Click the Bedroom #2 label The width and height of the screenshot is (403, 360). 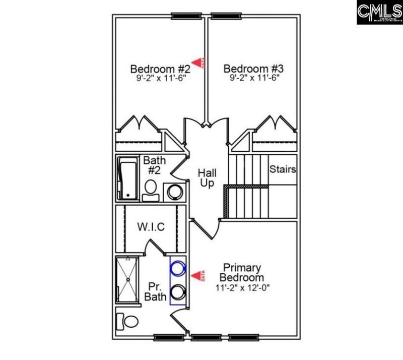coord(160,69)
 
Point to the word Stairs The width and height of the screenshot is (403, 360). coord(282,169)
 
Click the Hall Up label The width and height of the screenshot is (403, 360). coord(207,178)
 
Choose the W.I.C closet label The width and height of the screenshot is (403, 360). coord(151,227)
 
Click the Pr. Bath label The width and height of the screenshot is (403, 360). coord(155,291)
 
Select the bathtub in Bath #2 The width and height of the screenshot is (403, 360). coord(127,179)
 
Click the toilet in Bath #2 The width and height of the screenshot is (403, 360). coord(150,189)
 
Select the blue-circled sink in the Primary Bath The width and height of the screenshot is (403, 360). coord(177,268)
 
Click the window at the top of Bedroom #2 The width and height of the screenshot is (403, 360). coord(183,16)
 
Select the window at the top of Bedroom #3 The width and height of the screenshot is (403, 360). coord(225,16)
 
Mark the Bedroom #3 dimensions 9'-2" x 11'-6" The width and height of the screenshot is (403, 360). coord(254,78)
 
